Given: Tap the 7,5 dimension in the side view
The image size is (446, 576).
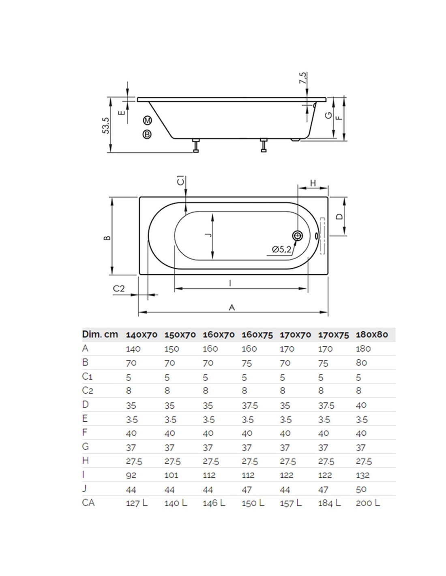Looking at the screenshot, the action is pos(303,78).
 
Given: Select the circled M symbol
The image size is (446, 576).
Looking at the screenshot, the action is pos(147,120).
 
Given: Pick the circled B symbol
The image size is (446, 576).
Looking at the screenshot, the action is pos(147,134).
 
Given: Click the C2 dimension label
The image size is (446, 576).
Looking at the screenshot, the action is pos(119,288).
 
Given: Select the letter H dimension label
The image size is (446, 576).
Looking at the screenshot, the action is pos(313,183).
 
